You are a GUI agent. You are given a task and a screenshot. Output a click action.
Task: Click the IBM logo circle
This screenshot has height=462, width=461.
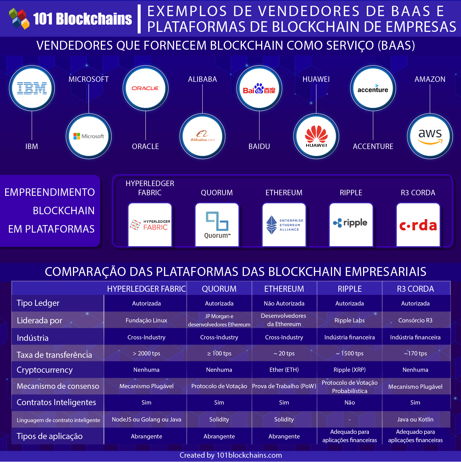point(32,88)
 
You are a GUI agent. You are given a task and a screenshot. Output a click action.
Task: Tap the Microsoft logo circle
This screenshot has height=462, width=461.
point(89,136)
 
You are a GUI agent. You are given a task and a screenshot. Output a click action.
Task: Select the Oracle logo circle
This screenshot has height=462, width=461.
point(145,88)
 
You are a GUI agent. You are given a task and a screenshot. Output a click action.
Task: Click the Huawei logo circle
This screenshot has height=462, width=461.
point(316,136)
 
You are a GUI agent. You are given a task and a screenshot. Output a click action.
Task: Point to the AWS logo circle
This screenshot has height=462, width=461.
point(430,136)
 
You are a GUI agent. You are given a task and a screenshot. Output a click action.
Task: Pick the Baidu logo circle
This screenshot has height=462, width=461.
point(259,88)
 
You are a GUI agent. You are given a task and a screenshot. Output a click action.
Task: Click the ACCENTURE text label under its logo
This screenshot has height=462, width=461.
point(373,146)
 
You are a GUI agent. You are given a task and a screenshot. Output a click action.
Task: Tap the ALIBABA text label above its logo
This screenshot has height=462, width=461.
point(202,79)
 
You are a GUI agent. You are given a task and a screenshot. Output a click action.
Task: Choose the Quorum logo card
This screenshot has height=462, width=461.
point(217,225)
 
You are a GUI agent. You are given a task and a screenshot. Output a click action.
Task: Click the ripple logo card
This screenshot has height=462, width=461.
point(351,225)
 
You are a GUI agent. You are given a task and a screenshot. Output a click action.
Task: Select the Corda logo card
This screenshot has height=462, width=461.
point(418,225)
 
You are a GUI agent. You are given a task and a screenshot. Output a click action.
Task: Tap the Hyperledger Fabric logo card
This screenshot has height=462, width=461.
point(150,225)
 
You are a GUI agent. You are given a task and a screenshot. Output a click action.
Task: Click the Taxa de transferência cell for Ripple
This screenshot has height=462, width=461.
point(350,353)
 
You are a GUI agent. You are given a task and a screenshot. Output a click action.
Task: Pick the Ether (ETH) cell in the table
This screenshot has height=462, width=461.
point(284,370)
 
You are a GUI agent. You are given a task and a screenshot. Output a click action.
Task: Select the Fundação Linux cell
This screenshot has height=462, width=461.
point(146,320)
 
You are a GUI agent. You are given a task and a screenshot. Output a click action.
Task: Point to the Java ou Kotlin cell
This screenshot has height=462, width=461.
point(415,420)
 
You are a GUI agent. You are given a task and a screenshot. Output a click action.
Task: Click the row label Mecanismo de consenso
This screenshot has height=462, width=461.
point(58,386)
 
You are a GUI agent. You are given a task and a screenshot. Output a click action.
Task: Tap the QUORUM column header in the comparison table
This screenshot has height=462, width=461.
point(219,289)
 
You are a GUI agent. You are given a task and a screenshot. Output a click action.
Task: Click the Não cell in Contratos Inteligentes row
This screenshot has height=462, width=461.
point(350,403)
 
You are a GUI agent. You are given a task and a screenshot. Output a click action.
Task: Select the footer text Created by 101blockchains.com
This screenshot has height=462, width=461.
point(231,455)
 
